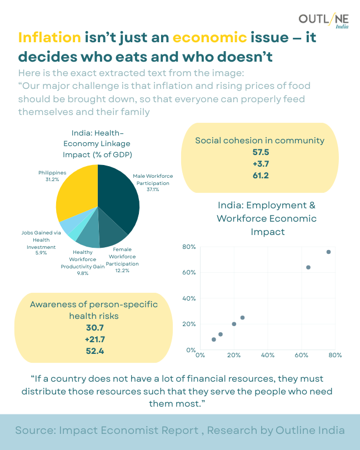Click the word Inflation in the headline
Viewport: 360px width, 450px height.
[x=49, y=38]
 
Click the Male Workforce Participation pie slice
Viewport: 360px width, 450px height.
[x=119, y=197]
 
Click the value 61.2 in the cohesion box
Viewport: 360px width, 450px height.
[x=260, y=176]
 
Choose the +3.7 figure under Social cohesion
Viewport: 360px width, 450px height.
[x=260, y=164]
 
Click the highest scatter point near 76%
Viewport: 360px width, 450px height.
[x=328, y=252]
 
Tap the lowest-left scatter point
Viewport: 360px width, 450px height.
[x=214, y=339]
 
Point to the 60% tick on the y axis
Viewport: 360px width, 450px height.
[x=190, y=273]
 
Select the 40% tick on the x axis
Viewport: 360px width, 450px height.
[x=268, y=355]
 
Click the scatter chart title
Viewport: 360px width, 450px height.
[x=267, y=218]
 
